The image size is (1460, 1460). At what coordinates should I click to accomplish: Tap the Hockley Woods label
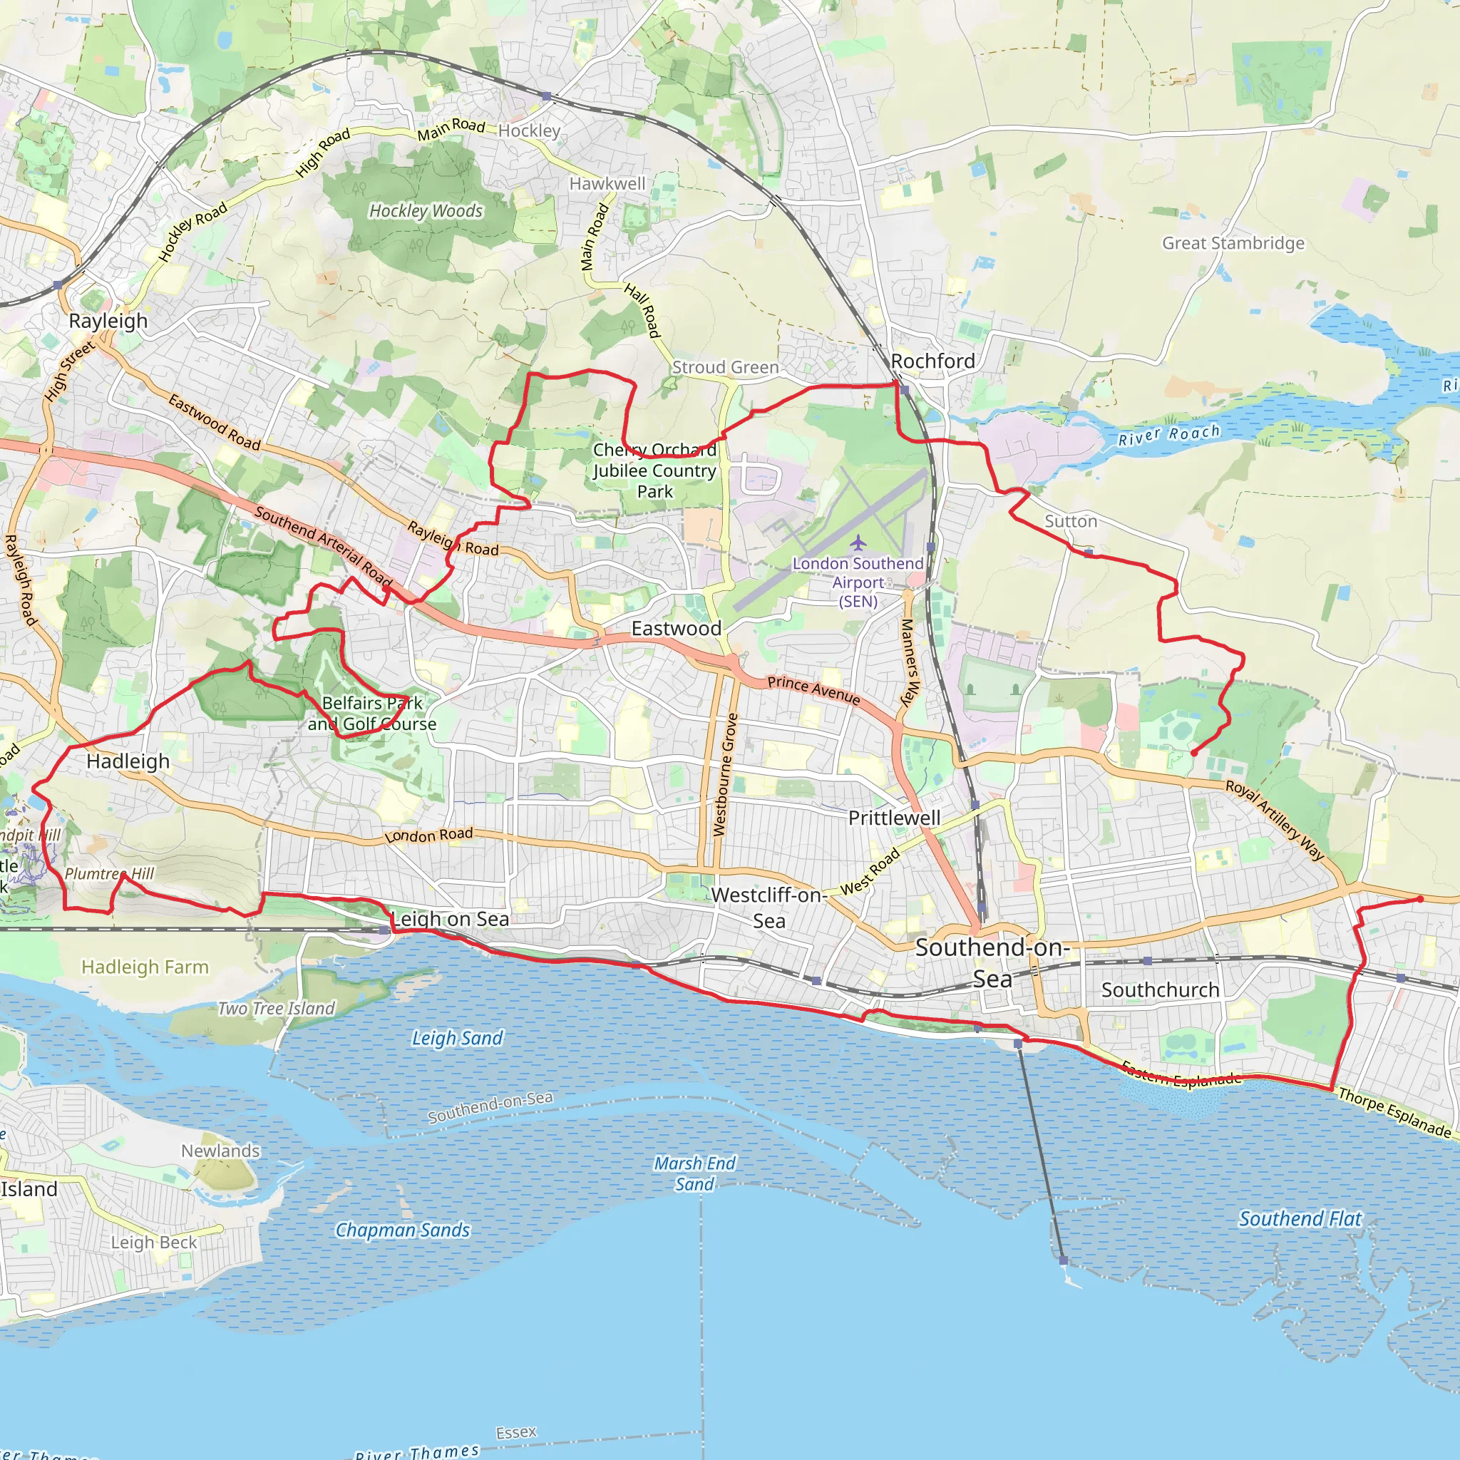tap(426, 211)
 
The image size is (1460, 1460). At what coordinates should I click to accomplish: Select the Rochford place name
tap(932, 361)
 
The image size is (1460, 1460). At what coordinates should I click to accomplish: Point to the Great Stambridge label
tap(1233, 243)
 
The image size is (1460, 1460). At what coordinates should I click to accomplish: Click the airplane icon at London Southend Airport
tap(858, 543)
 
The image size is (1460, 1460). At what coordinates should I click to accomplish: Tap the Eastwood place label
tap(676, 628)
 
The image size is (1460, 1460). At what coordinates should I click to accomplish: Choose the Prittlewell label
tap(894, 818)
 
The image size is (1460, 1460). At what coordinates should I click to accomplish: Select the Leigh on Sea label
tap(451, 919)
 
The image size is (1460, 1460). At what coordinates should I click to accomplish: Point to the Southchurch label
tap(1160, 990)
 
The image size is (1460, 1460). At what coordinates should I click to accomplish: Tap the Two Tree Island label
tap(276, 1009)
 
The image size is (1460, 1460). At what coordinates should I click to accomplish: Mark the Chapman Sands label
tap(402, 1230)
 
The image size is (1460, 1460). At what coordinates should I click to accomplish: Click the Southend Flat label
tap(1300, 1219)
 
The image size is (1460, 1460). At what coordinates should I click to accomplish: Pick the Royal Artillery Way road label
tap(1274, 820)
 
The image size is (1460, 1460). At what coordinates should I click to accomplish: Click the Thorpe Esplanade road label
tap(1394, 1112)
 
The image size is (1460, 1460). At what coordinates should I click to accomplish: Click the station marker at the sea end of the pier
tap(1063, 1261)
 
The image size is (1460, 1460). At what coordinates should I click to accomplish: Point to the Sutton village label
tap(1070, 521)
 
